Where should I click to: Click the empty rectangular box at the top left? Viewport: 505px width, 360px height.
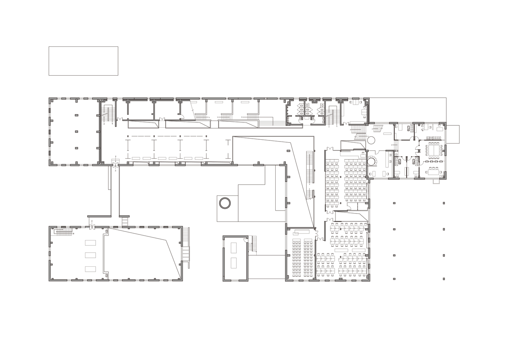pos(83,61)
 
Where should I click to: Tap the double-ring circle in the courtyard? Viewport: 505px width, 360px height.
pos(225,203)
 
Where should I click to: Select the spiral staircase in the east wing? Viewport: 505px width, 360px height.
pos(372,161)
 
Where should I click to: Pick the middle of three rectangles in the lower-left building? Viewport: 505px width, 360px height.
pos(90,255)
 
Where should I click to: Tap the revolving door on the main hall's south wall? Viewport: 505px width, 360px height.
pos(116,165)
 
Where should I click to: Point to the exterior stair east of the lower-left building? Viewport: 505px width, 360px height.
pos(186,248)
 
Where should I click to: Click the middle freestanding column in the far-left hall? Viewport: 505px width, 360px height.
pos(76,131)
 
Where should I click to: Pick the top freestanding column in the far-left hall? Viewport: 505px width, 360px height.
pos(76,115)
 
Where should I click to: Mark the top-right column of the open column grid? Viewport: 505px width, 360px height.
pos(444,203)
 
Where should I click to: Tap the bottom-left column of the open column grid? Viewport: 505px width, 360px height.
pos(394,278)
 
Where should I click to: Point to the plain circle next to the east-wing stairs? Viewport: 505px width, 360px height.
pos(371,140)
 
